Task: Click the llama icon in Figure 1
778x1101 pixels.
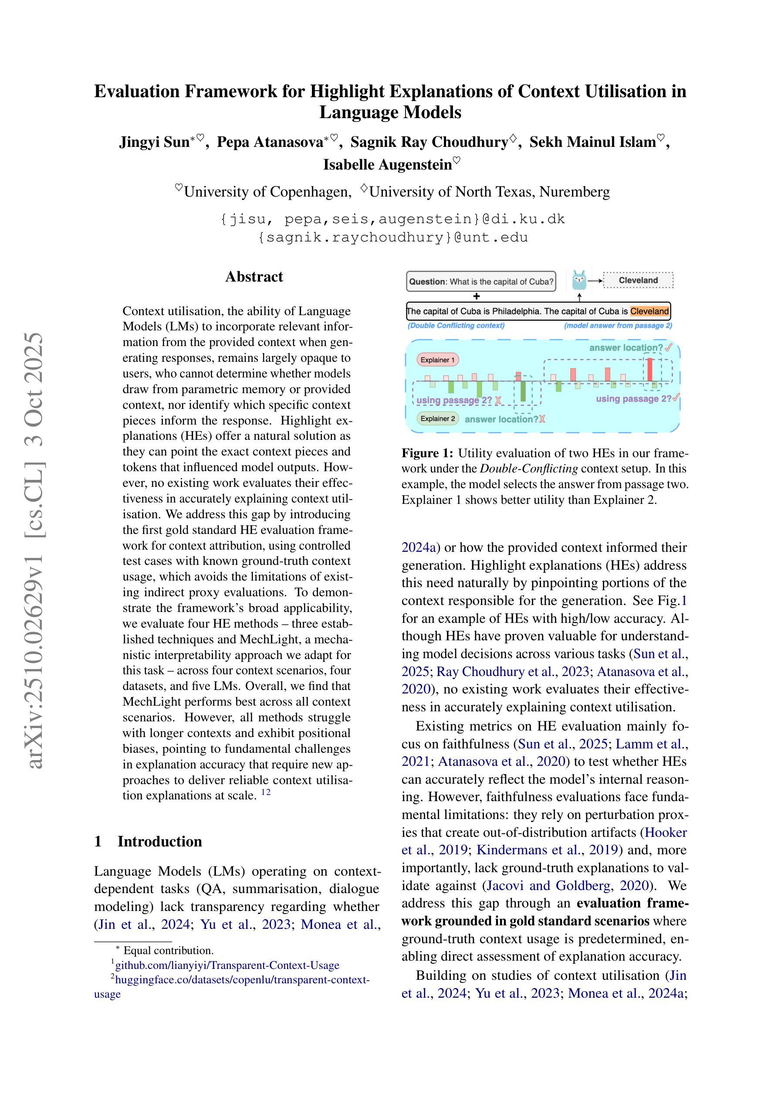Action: [579, 280]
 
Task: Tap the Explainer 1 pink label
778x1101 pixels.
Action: [438, 360]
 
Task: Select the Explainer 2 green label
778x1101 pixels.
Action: [438, 418]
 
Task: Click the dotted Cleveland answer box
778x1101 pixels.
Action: [638, 280]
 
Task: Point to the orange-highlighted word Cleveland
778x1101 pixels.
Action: [649, 311]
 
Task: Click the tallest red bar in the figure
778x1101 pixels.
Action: [650, 369]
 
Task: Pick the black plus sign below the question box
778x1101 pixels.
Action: [477, 296]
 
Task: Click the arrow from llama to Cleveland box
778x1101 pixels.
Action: [595, 281]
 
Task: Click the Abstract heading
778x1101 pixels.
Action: [254, 277]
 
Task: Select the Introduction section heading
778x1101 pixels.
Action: [159, 841]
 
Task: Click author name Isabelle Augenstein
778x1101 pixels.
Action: [387, 164]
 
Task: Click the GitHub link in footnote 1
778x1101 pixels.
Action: [227, 965]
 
